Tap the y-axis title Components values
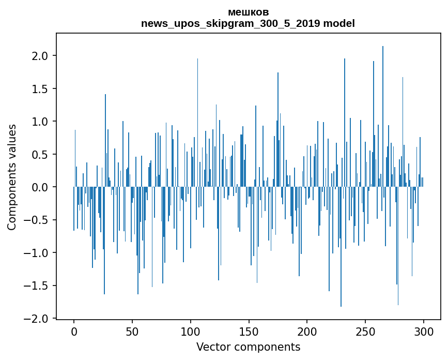(x=12, y=177)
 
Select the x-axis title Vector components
(x=248, y=347)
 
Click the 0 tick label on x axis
(x=74, y=331)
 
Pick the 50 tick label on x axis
(x=132, y=331)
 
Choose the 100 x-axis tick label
(x=191, y=331)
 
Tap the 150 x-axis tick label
(x=249, y=331)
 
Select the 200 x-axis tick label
(x=307, y=331)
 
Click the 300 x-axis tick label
(x=424, y=331)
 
